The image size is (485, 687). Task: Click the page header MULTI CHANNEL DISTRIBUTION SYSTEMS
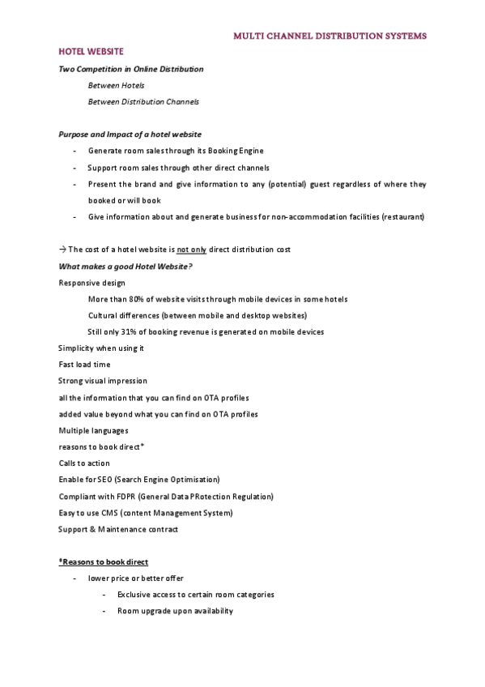point(330,36)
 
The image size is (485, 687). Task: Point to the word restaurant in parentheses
point(402,216)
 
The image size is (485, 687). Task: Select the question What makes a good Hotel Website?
point(126,266)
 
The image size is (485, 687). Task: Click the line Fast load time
point(84,365)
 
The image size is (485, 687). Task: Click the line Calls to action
point(84,463)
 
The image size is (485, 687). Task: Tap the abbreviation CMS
point(107,513)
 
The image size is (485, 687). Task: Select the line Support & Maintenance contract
point(118,529)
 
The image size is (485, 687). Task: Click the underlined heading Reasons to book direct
point(104,561)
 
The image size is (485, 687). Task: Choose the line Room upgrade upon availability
point(175,611)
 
